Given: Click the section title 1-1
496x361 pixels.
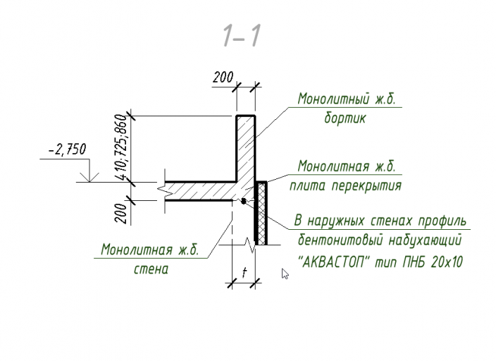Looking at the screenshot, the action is pyautogui.click(x=242, y=36).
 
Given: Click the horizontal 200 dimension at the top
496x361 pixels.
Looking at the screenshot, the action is pyautogui.click(x=223, y=78).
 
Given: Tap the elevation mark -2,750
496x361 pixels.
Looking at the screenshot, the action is pyautogui.click(x=67, y=149).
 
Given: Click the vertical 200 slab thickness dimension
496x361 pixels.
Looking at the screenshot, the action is pyautogui.click(x=121, y=214).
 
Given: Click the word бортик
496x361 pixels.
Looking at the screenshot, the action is pyautogui.click(x=345, y=118).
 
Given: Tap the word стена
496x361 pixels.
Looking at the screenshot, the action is pyautogui.click(x=151, y=269).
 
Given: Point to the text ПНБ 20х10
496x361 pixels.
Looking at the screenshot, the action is pyautogui.click(x=433, y=262).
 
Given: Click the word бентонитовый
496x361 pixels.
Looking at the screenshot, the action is pyautogui.click(x=340, y=240).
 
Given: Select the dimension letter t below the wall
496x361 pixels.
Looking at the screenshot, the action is pyautogui.click(x=244, y=272).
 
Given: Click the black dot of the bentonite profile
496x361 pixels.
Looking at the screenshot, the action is pyautogui.click(x=243, y=201).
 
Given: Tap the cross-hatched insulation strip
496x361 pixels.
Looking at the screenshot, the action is pyautogui.click(x=261, y=214).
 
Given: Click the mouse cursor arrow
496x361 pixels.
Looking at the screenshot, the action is pyautogui.click(x=285, y=274).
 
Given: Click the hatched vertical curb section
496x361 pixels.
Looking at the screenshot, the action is pyautogui.click(x=246, y=149).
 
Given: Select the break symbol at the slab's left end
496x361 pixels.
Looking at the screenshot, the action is pyautogui.click(x=162, y=191).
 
